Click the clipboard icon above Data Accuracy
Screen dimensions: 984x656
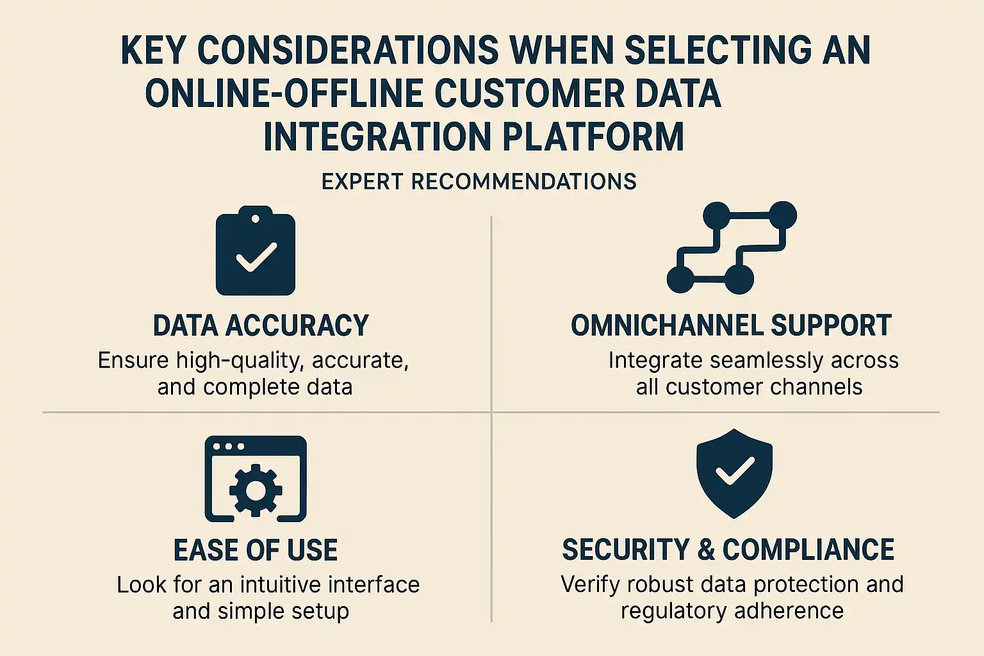tap(255, 250)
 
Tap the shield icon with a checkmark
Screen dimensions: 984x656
tap(735, 473)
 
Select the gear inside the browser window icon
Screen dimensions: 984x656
tap(256, 490)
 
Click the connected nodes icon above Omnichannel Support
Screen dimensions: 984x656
tap(732, 247)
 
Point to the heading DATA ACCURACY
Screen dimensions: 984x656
tap(261, 325)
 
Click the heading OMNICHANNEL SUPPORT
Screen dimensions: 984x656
tap(732, 325)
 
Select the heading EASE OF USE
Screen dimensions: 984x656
tap(256, 550)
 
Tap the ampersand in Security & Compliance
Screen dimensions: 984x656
tap(706, 550)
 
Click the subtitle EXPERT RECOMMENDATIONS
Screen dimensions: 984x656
tap(479, 182)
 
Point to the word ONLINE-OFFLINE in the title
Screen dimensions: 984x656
tap(284, 94)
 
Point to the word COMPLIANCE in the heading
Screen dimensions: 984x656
tap(808, 550)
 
